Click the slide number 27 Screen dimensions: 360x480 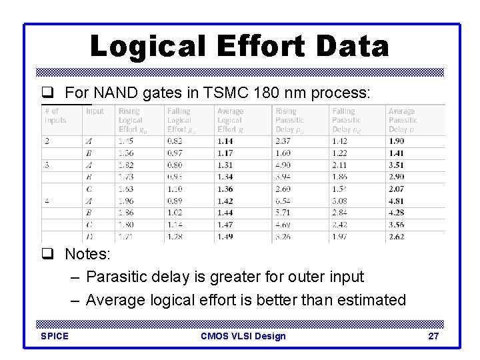(433, 336)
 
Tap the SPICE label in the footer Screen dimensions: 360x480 (55, 336)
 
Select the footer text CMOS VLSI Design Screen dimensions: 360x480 (243, 336)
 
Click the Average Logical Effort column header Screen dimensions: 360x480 (231, 120)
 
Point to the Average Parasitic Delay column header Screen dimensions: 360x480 (403, 120)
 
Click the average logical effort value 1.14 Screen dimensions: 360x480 (226, 141)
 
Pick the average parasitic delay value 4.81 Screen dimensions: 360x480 (397, 201)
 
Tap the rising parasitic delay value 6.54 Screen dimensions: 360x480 (283, 201)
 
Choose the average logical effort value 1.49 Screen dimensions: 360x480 (226, 236)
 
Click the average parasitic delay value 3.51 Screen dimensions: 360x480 (397, 165)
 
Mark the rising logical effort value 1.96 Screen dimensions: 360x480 (126, 201)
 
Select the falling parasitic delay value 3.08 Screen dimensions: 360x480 (341, 201)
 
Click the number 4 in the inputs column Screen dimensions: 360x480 (47, 201)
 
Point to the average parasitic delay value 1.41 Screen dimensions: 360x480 (397, 153)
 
